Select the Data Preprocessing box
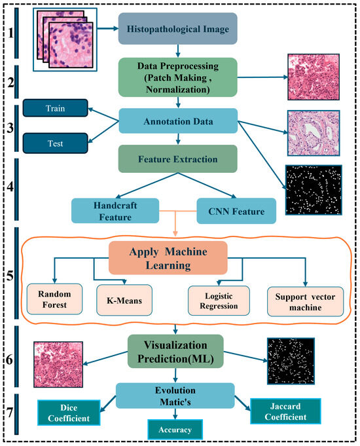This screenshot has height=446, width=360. pyautogui.click(x=177, y=77)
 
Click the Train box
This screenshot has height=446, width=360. pyautogui.click(x=55, y=107)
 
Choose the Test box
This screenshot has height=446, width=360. pyautogui.click(x=55, y=141)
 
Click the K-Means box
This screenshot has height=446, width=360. pyautogui.click(x=124, y=299)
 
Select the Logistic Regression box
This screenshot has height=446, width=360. pyautogui.click(x=215, y=299)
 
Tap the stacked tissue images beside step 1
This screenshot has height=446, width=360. pyautogui.click(x=62, y=39)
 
